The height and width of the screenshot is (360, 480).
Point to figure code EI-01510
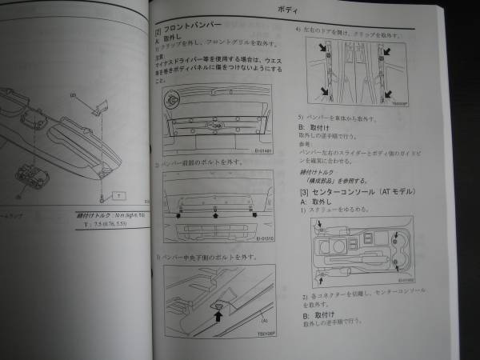265,238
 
